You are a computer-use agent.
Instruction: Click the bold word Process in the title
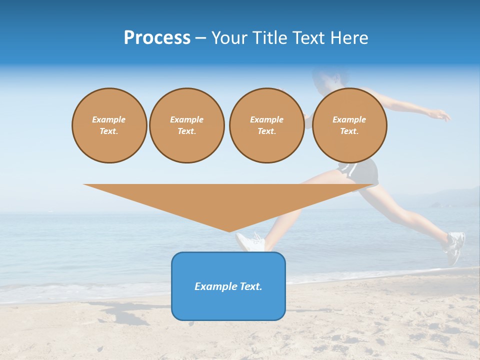[157, 38]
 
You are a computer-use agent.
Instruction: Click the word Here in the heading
[350, 38]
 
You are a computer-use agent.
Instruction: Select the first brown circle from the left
[109, 125]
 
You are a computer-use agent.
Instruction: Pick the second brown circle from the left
[186, 125]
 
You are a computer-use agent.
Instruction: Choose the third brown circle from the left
[266, 125]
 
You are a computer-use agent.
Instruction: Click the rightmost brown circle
[349, 125]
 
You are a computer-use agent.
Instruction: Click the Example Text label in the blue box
[228, 286]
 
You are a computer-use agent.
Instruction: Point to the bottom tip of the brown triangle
[229, 230]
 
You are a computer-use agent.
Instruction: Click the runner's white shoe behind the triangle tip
[251, 242]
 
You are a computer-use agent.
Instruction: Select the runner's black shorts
[361, 171]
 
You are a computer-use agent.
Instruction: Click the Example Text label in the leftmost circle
[109, 125]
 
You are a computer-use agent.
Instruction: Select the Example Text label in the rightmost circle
[349, 125]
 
